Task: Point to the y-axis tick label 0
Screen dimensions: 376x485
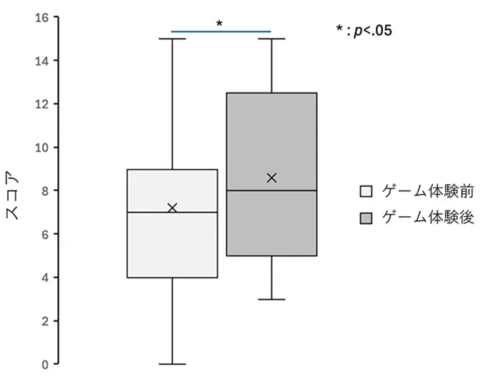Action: pyautogui.click(x=44, y=365)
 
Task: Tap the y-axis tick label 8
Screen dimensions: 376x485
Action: pyautogui.click(x=44, y=190)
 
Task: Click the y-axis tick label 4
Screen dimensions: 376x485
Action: pyautogui.click(x=44, y=278)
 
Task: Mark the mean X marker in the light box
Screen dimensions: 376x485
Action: pyautogui.click(x=172, y=208)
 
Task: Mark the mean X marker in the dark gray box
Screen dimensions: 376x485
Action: pyautogui.click(x=271, y=178)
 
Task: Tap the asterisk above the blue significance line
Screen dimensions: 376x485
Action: pyautogui.click(x=219, y=24)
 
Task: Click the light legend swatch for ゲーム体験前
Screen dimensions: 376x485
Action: pyautogui.click(x=366, y=192)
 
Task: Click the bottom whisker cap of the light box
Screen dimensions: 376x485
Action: pyautogui.click(x=172, y=364)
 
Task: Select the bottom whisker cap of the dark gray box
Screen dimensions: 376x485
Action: pyautogui.click(x=271, y=300)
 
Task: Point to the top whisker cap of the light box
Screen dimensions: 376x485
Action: pyautogui.click(x=172, y=39)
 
